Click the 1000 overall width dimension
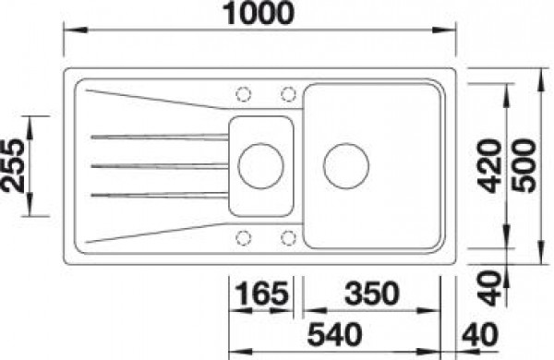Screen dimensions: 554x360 coord(259,13)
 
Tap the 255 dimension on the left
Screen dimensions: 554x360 coord(13,165)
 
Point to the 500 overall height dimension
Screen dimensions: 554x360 coord(524,166)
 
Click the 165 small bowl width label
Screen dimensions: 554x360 coord(261,294)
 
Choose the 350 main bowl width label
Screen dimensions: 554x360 coord(372,294)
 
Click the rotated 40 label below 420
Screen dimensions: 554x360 coord(489,288)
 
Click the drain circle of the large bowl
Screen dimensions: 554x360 coord(346,166)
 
